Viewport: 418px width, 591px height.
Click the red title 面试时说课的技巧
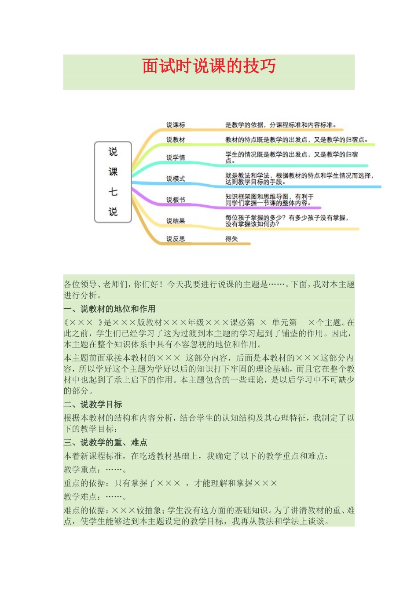pyautogui.click(x=209, y=66)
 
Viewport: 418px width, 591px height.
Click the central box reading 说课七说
pyautogui.click(x=113, y=182)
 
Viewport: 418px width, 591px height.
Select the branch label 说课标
pyautogui.click(x=176, y=125)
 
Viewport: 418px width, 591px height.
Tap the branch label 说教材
pyautogui.click(x=176, y=139)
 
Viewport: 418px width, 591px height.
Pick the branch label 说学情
pyautogui.click(x=176, y=157)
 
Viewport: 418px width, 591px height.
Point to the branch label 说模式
pyautogui.click(x=176, y=179)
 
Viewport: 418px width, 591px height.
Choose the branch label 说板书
pyautogui.click(x=176, y=200)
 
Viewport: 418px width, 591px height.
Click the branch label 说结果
pyautogui.click(x=176, y=221)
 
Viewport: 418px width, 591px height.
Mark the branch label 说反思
pyautogui.click(x=176, y=239)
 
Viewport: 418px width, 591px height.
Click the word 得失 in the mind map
pyautogui.click(x=231, y=239)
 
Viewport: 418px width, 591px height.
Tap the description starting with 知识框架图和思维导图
pyautogui.click(x=269, y=200)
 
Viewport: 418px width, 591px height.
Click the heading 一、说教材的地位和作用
pyautogui.click(x=110, y=309)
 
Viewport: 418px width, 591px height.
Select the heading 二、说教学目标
pyautogui.click(x=93, y=404)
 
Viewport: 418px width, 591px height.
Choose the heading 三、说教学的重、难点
pyautogui.click(x=106, y=442)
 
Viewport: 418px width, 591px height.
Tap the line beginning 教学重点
pyautogui.click(x=95, y=470)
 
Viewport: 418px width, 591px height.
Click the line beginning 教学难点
pyautogui.click(x=95, y=497)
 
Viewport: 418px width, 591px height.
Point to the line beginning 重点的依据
pyautogui.click(x=170, y=483)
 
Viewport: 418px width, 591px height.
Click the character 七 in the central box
pyautogui.click(x=113, y=192)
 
